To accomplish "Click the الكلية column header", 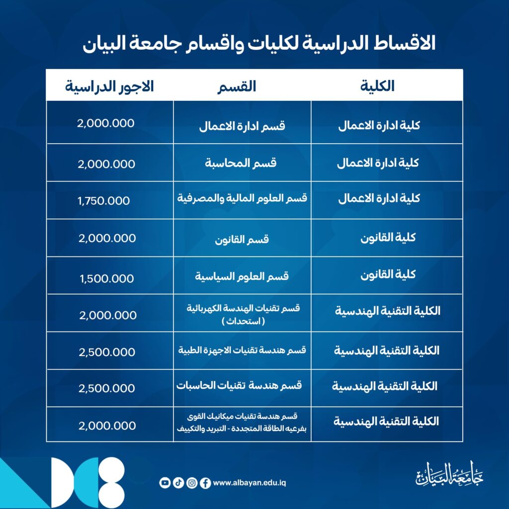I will [377, 85].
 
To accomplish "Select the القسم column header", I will [237, 86].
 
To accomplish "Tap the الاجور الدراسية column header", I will [110, 85].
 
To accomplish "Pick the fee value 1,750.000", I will [104, 201].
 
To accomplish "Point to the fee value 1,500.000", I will [106, 278].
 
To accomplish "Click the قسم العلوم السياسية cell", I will [242, 276].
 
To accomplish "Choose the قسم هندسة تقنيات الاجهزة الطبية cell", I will [242, 350].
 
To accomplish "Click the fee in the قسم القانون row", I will [107, 238].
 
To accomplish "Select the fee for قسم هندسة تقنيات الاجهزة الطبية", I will [107, 352].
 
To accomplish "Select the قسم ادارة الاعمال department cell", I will [242, 125].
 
